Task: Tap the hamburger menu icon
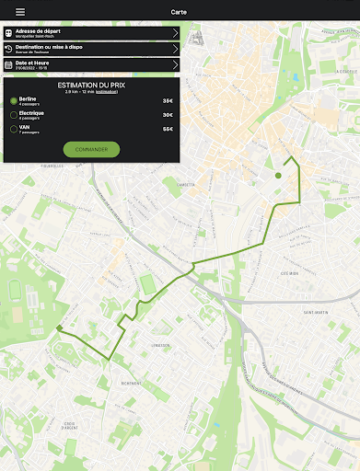tap(20, 12)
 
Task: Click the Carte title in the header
tap(180, 12)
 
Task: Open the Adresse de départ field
tap(91, 33)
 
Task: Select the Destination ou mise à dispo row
tap(91, 49)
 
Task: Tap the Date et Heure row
tap(91, 64)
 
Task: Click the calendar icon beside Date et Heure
tap(8, 64)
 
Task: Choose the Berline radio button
tap(13, 100)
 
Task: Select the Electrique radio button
tap(13, 115)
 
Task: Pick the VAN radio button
tap(13, 130)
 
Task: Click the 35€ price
tap(168, 100)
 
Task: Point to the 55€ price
tap(168, 130)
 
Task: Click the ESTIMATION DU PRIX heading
tap(91, 85)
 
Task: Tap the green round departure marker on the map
tap(278, 174)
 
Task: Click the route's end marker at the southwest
tap(58, 327)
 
